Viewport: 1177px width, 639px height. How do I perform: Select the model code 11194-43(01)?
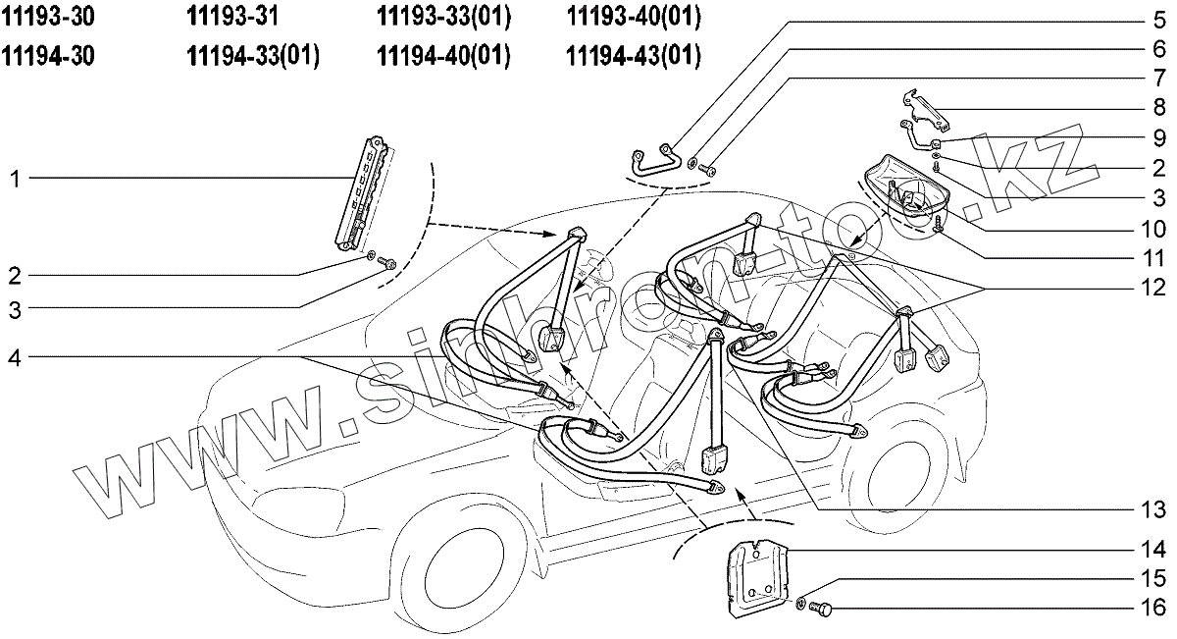click(x=634, y=56)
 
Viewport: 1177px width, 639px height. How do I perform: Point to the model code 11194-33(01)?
click(x=253, y=56)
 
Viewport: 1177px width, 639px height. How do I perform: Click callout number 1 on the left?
click(x=15, y=179)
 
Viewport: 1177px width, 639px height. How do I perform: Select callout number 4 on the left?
click(x=15, y=358)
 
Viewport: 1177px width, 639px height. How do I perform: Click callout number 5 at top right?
click(x=1158, y=19)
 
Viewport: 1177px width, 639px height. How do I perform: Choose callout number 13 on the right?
click(x=1153, y=509)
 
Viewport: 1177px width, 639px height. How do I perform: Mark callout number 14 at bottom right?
click(x=1153, y=548)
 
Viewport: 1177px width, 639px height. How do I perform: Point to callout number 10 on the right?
click(x=1153, y=230)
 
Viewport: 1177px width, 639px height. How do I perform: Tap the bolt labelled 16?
click(x=822, y=610)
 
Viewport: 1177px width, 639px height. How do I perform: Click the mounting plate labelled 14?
click(x=758, y=579)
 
